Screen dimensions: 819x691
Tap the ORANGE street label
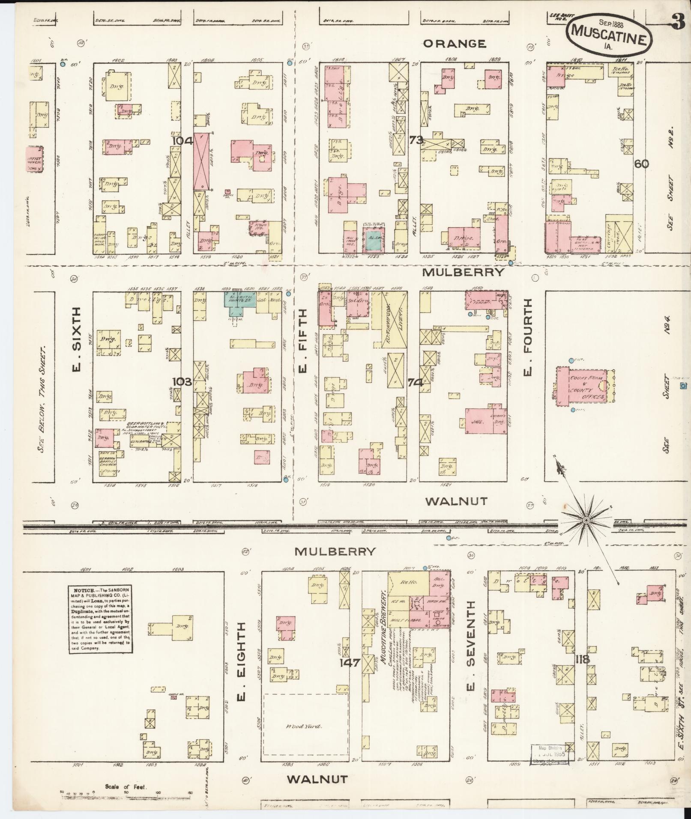[x=455, y=44]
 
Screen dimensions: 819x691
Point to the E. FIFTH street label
[x=303, y=341]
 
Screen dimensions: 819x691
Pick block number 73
[x=416, y=140]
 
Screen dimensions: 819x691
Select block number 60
[x=642, y=164]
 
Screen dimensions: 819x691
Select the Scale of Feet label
[x=126, y=787]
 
